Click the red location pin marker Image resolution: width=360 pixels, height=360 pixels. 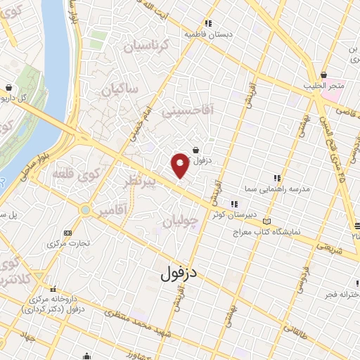point(180,164)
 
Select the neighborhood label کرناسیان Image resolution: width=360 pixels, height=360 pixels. point(146,47)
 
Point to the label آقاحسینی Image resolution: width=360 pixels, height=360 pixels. point(181,111)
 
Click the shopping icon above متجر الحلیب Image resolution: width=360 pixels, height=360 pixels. point(323,75)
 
